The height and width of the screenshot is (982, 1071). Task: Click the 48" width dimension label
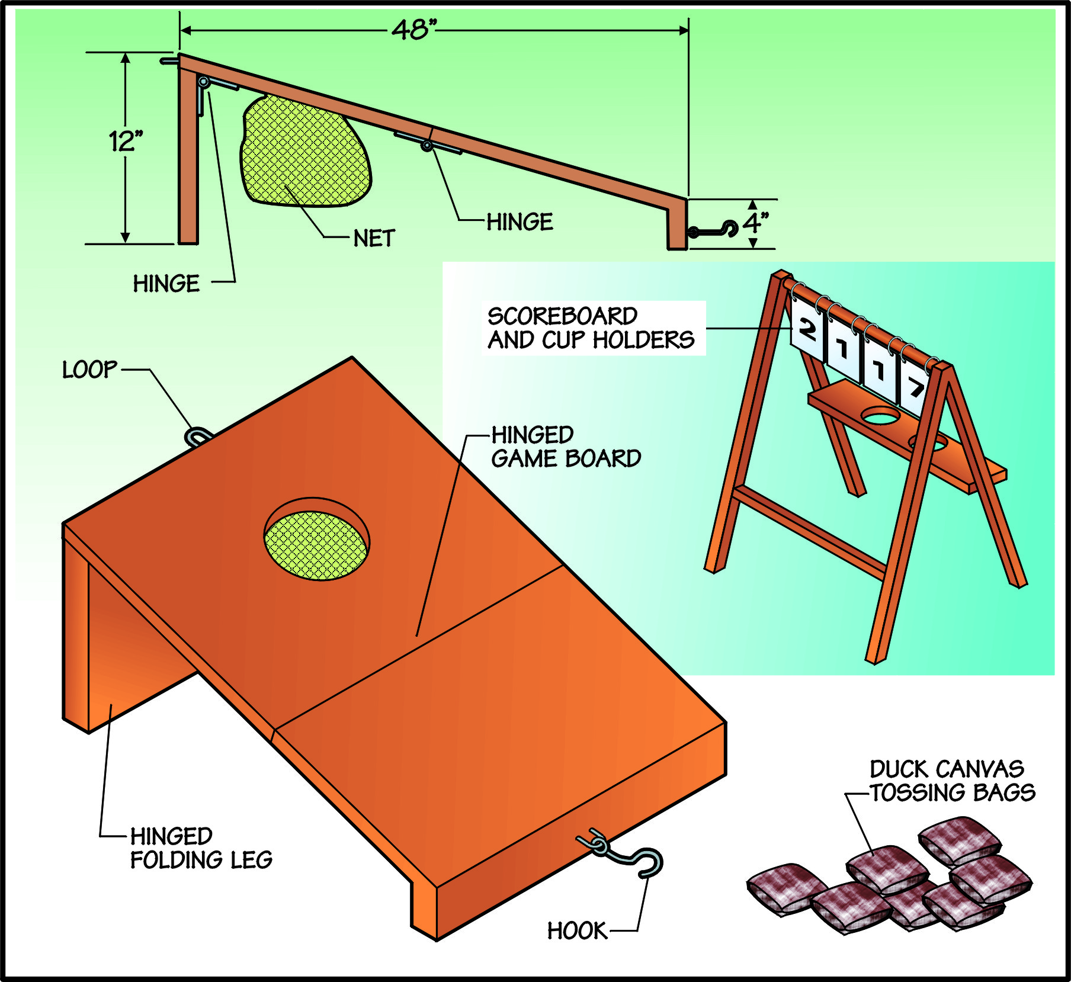click(x=413, y=30)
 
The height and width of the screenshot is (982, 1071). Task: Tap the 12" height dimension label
click(x=126, y=142)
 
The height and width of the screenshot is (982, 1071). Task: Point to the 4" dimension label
click(x=755, y=223)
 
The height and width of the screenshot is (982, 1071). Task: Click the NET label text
click(x=374, y=239)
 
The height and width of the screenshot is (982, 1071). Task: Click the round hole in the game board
click(x=316, y=539)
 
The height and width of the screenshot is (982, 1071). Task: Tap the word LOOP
click(x=90, y=370)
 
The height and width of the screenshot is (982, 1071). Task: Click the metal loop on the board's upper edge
click(x=198, y=437)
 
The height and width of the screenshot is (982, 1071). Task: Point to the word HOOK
click(x=577, y=931)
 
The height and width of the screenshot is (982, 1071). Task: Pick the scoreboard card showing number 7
click(x=915, y=387)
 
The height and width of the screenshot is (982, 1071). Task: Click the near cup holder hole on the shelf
click(x=881, y=416)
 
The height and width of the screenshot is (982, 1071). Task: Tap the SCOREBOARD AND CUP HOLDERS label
click(x=591, y=328)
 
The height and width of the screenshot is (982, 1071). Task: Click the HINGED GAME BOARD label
click(x=566, y=447)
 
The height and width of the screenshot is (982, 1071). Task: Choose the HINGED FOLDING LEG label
click(x=201, y=848)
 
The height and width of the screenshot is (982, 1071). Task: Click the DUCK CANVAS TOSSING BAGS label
click(x=952, y=781)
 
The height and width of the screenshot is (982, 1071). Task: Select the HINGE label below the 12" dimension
click(x=166, y=284)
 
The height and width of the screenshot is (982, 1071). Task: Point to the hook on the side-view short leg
click(x=714, y=230)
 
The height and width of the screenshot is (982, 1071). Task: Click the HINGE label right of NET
click(x=520, y=222)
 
